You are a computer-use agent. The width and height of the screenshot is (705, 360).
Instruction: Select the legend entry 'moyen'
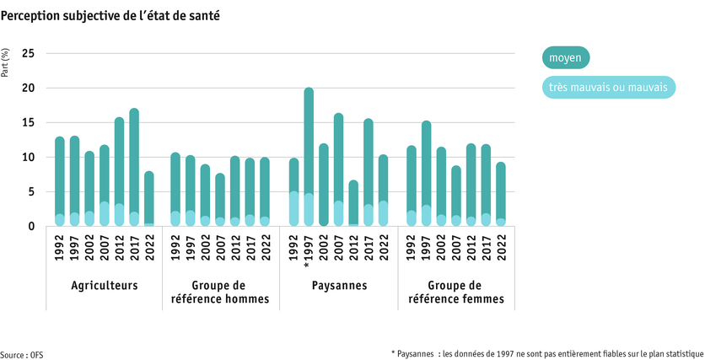(565, 58)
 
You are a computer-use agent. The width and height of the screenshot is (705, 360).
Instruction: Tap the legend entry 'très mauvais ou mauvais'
(607, 87)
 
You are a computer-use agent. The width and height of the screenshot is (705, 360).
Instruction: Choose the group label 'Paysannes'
(338, 286)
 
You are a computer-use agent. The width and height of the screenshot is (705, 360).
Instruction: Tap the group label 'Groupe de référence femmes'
(456, 292)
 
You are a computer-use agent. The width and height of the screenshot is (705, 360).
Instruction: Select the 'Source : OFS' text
(22, 354)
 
